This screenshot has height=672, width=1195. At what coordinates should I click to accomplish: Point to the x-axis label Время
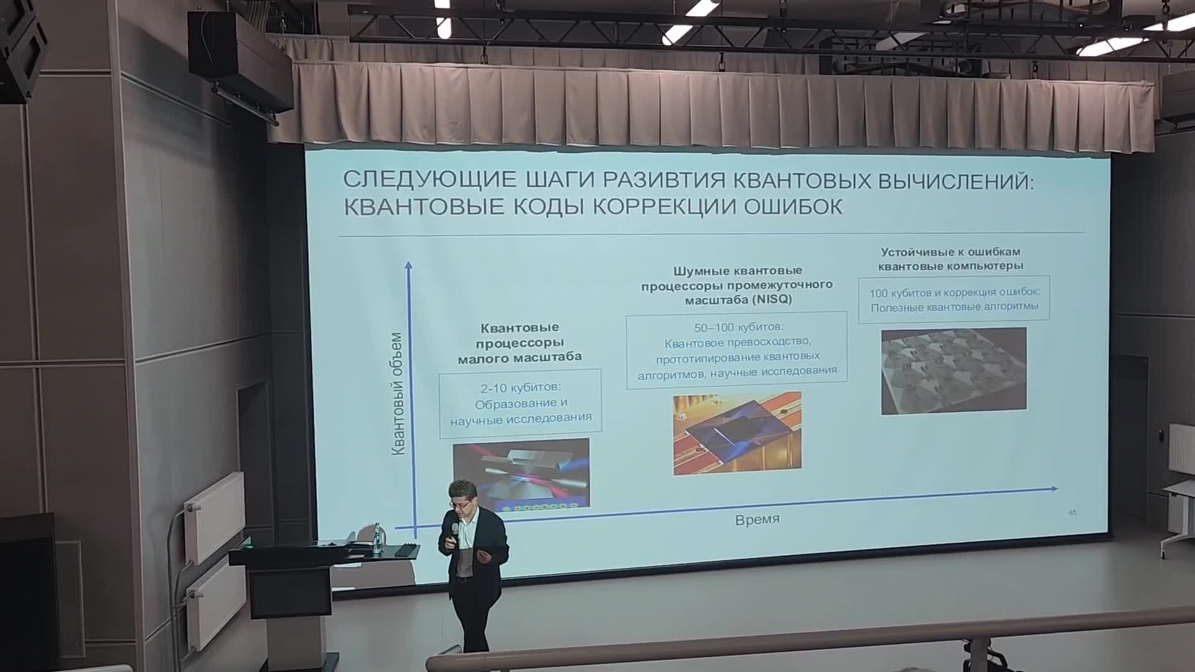pos(757,520)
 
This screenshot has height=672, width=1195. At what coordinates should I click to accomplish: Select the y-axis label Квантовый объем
pos(398,394)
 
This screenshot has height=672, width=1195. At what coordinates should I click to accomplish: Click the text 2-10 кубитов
pos(520,388)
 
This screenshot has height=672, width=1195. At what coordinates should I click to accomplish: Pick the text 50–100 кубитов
pos(738,327)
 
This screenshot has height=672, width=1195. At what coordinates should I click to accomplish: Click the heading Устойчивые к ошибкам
pos(950,252)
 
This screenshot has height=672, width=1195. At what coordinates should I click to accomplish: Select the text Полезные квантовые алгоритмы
pos(954,307)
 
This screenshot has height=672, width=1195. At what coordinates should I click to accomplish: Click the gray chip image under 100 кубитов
pos(954,371)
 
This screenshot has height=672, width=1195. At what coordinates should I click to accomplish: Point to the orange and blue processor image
pos(738,434)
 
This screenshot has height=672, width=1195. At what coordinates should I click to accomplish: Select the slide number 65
pos(1072,513)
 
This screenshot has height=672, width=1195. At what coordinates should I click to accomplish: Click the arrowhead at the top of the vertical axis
pos(409,266)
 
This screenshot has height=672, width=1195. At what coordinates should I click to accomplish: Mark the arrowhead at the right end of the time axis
pos(1053,489)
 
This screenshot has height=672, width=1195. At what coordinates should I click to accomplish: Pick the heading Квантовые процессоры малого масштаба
pos(520,342)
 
